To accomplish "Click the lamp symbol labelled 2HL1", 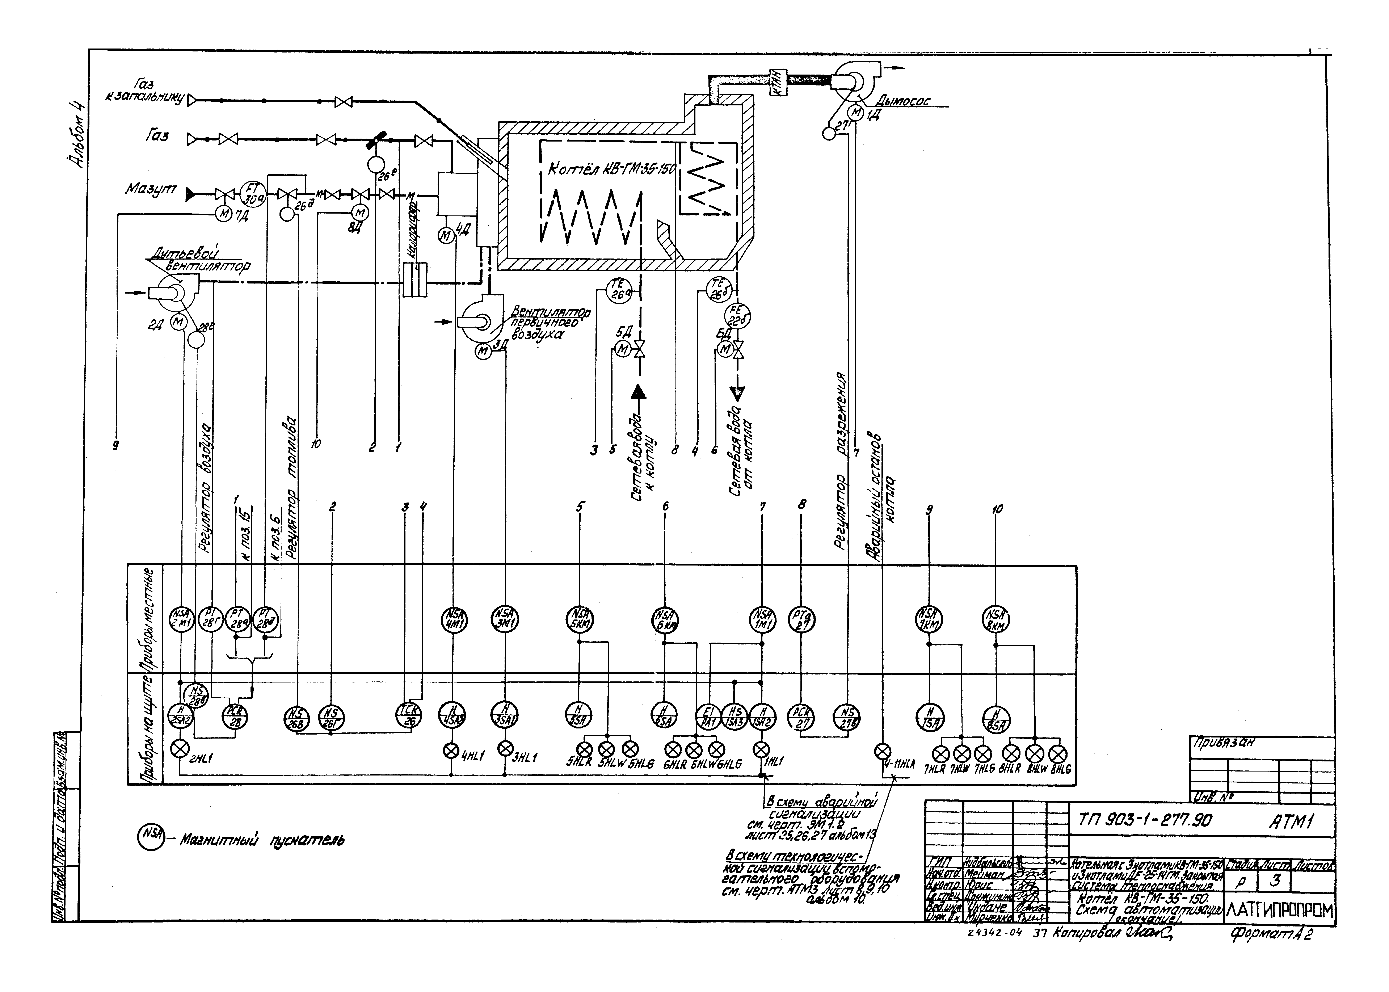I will [x=180, y=749].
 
